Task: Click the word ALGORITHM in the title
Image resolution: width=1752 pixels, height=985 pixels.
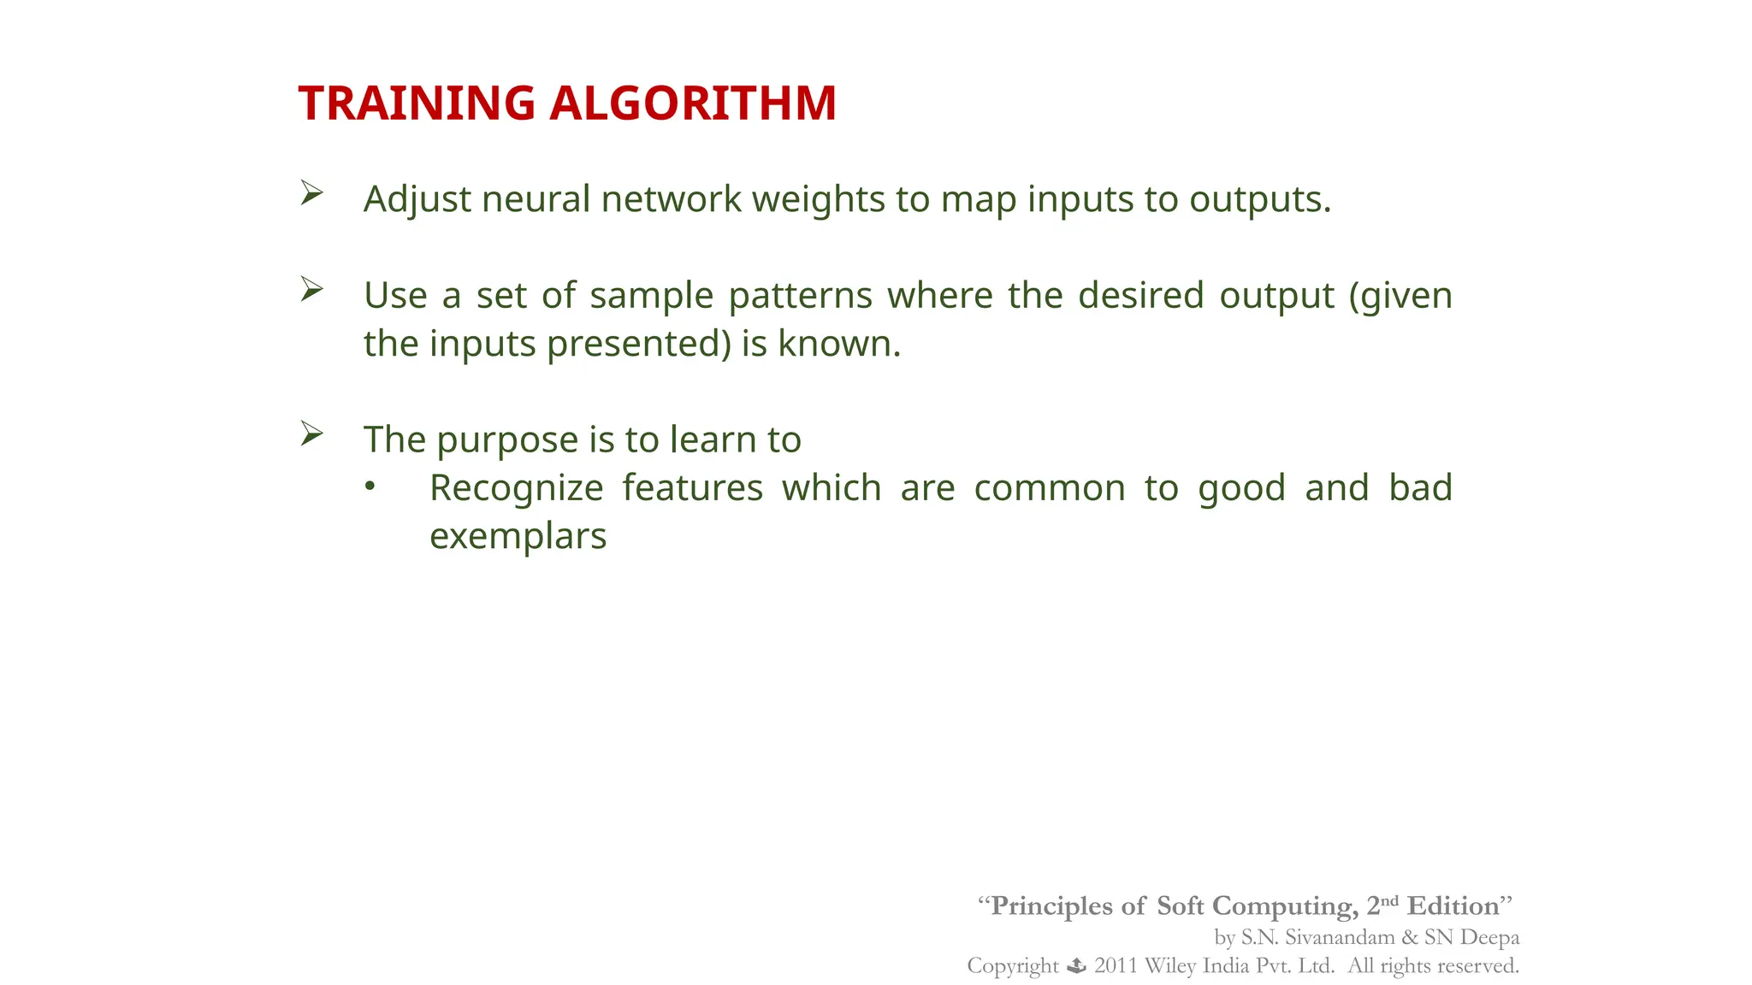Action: point(692,103)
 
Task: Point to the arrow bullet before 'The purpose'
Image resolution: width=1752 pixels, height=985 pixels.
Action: point(311,434)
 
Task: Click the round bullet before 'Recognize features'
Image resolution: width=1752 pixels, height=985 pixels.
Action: point(370,487)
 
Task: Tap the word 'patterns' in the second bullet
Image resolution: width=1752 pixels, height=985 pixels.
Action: point(800,296)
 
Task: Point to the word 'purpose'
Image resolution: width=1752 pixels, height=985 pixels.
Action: point(507,440)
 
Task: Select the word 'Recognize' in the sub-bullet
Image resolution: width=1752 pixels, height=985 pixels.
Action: point(516,488)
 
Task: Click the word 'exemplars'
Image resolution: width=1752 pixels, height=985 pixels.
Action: point(518,536)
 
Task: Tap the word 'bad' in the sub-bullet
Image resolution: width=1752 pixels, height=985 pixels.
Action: point(1420,488)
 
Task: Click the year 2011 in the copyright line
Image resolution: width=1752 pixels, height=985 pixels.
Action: point(1115,966)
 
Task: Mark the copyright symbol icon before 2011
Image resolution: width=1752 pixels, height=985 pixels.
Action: point(1076,966)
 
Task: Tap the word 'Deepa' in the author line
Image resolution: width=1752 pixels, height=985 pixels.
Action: point(1489,937)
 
